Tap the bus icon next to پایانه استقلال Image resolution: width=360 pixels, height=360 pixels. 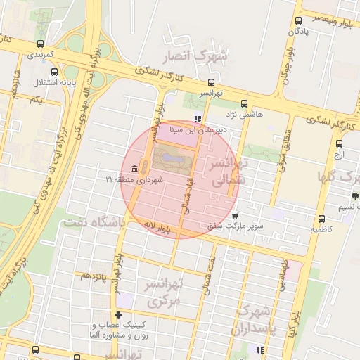[x=55, y=71]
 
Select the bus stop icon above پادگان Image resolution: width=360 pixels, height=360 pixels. [x=299, y=20]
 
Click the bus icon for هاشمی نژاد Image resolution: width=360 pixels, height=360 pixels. [x=244, y=103]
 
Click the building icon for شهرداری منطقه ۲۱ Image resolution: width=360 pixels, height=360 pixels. [x=134, y=168]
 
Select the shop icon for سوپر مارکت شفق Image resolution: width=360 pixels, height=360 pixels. [x=234, y=215]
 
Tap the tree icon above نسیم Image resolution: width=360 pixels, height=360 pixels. [x=354, y=196]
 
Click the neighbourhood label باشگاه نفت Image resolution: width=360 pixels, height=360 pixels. [x=94, y=222]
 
